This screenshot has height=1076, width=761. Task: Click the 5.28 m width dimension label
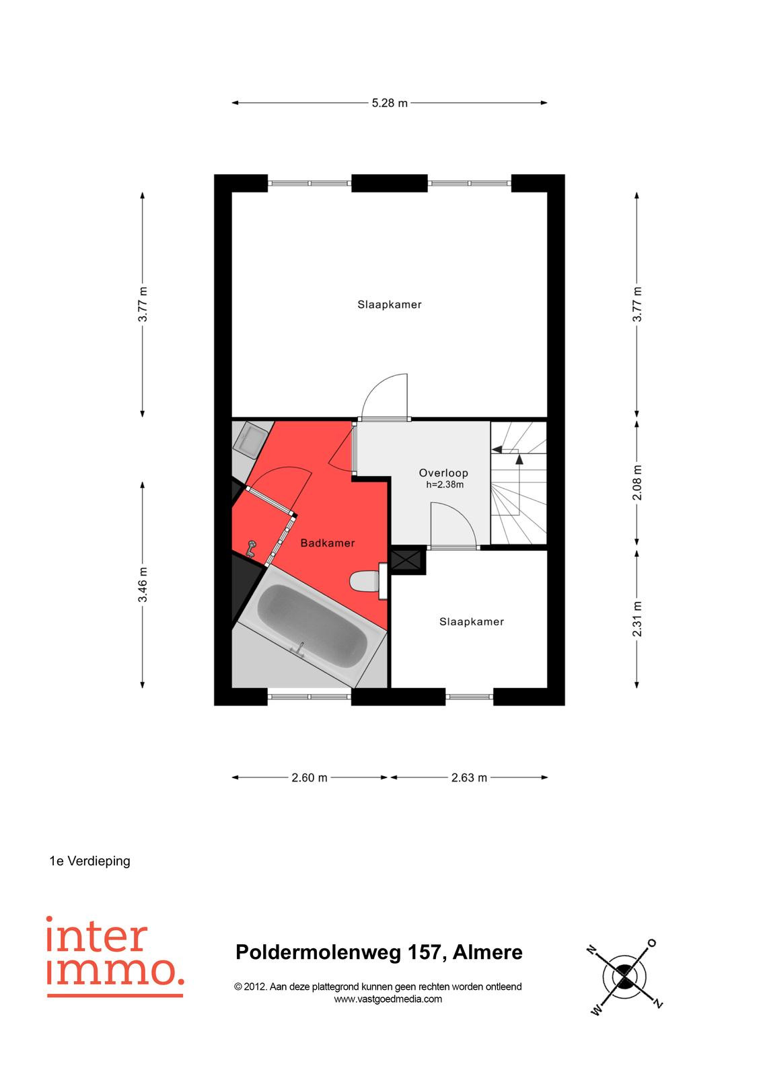390,103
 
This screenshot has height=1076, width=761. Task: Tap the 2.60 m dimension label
309,777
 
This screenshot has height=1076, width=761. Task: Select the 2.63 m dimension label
469,777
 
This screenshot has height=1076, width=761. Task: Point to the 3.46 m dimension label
143,584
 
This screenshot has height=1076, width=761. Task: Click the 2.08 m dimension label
637,483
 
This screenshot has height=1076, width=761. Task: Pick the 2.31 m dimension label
637,619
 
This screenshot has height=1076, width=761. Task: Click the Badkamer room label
328,543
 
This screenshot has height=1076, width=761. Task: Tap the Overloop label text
443,473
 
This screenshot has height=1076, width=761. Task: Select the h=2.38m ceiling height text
445,485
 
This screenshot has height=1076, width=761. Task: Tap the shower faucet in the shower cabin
250,549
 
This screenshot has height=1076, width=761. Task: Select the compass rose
624,976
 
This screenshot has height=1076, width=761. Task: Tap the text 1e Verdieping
90,861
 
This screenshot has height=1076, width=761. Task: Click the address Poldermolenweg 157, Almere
379,952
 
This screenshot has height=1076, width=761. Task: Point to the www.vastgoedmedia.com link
388,999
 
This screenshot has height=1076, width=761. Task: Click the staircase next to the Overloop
518,483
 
